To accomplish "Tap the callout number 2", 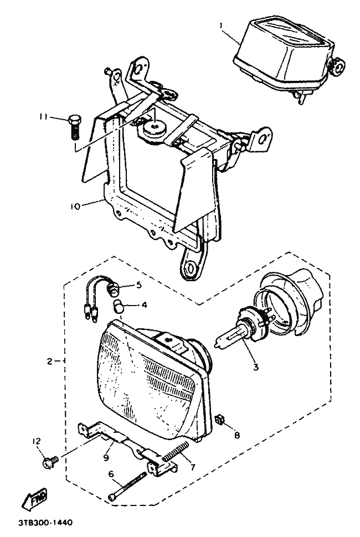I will click(x=49, y=362).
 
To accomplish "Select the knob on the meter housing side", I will click(x=336, y=66).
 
